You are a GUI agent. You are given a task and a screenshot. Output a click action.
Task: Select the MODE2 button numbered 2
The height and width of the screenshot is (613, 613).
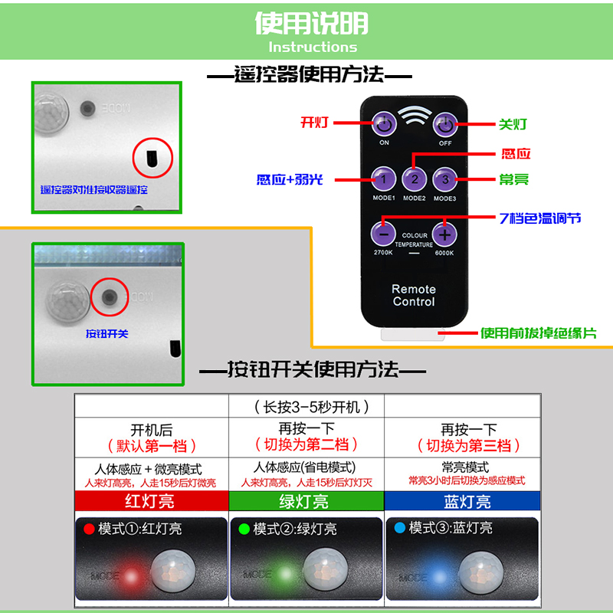(x=415, y=180)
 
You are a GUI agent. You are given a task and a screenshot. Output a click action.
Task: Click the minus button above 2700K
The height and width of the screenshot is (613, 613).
(x=384, y=233)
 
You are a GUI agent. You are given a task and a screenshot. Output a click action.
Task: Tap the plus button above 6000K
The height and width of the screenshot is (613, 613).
(x=444, y=233)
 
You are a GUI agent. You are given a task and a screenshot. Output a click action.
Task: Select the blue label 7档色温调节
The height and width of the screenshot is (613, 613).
(x=539, y=218)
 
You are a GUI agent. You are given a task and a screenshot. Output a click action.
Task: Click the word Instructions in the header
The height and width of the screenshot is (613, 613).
(x=313, y=47)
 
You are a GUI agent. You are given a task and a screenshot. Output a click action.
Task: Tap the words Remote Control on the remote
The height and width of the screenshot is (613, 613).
(x=414, y=295)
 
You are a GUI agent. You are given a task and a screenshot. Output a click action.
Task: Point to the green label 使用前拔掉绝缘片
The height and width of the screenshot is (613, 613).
(x=538, y=333)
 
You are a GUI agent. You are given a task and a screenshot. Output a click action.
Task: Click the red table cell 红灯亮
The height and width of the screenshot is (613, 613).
(x=151, y=502)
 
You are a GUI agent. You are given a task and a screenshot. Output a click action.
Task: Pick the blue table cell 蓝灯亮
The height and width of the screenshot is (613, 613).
(x=463, y=502)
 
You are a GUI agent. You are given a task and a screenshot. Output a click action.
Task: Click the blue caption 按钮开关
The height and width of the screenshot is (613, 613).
(x=107, y=334)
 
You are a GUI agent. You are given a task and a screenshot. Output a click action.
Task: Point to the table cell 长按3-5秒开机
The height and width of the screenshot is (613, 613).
(x=306, y=407)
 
